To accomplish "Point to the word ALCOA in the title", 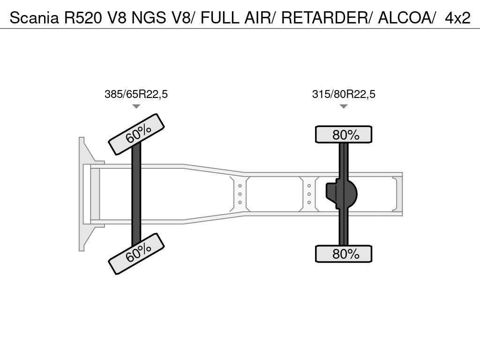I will click(x=405, y=18).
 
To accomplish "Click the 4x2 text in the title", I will click(x=457, y=18).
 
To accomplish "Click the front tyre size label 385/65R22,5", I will click(x=136, y=94).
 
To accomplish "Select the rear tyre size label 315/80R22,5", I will click(x=344, y=94).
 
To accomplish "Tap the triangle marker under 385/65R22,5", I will click(x=136, y=106).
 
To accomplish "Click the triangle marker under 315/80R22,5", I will click(x=344, y=106).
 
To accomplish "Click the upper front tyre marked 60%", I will click(x=136, y=134).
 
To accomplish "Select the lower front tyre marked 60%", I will click(x=136, y=254).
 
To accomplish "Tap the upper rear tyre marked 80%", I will click(x=344, y=135).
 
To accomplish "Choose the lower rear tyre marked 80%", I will click(x=344, y=254).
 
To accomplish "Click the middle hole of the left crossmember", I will click(x=240, y=194).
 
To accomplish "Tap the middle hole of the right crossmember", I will click(x=309, y=194).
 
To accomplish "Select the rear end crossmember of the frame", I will click(x=398, y=194).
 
